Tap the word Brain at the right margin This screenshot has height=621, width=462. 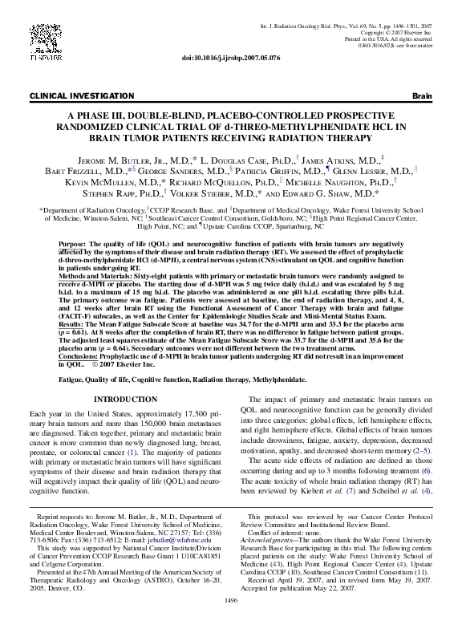pyautogui.click(x=421, y=96)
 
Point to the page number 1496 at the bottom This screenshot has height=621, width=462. pyautogui.click(x=231, y=599)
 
